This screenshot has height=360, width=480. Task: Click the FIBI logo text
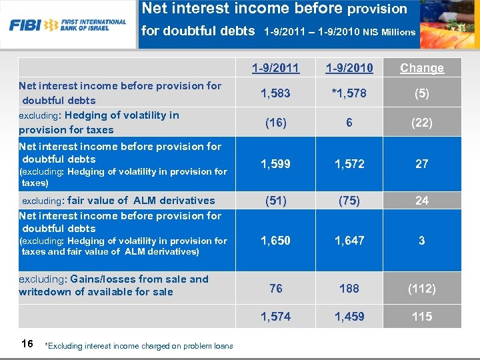coord(25,25)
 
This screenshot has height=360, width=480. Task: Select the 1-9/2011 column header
coord(276,68)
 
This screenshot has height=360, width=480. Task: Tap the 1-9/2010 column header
coord(349,68)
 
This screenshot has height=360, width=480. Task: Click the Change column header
coord(422,68)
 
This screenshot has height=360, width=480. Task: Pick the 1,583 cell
coord(276,93)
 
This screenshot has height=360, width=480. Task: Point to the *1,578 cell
coord(349,93)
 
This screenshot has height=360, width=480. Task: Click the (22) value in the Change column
coord(422,123)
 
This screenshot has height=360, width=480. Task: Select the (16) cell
coord(276,123)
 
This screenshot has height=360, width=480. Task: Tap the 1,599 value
coord(276,164)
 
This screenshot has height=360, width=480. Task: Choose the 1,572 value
coord(349,164)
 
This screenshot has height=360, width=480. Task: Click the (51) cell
coord(276,201)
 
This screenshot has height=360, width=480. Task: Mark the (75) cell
coord(349,201)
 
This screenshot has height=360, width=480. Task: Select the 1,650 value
coord(276,241)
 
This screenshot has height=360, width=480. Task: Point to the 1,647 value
coord(349,241)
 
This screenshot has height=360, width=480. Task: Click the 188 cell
coord(349,289)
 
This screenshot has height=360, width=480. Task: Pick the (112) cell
coord(422,289)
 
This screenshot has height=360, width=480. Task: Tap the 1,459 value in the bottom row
coord(349,317)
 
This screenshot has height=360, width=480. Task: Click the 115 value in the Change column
coord(422,317)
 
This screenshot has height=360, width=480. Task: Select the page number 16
coord(27,343)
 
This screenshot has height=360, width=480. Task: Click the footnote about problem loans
coord(138,346)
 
